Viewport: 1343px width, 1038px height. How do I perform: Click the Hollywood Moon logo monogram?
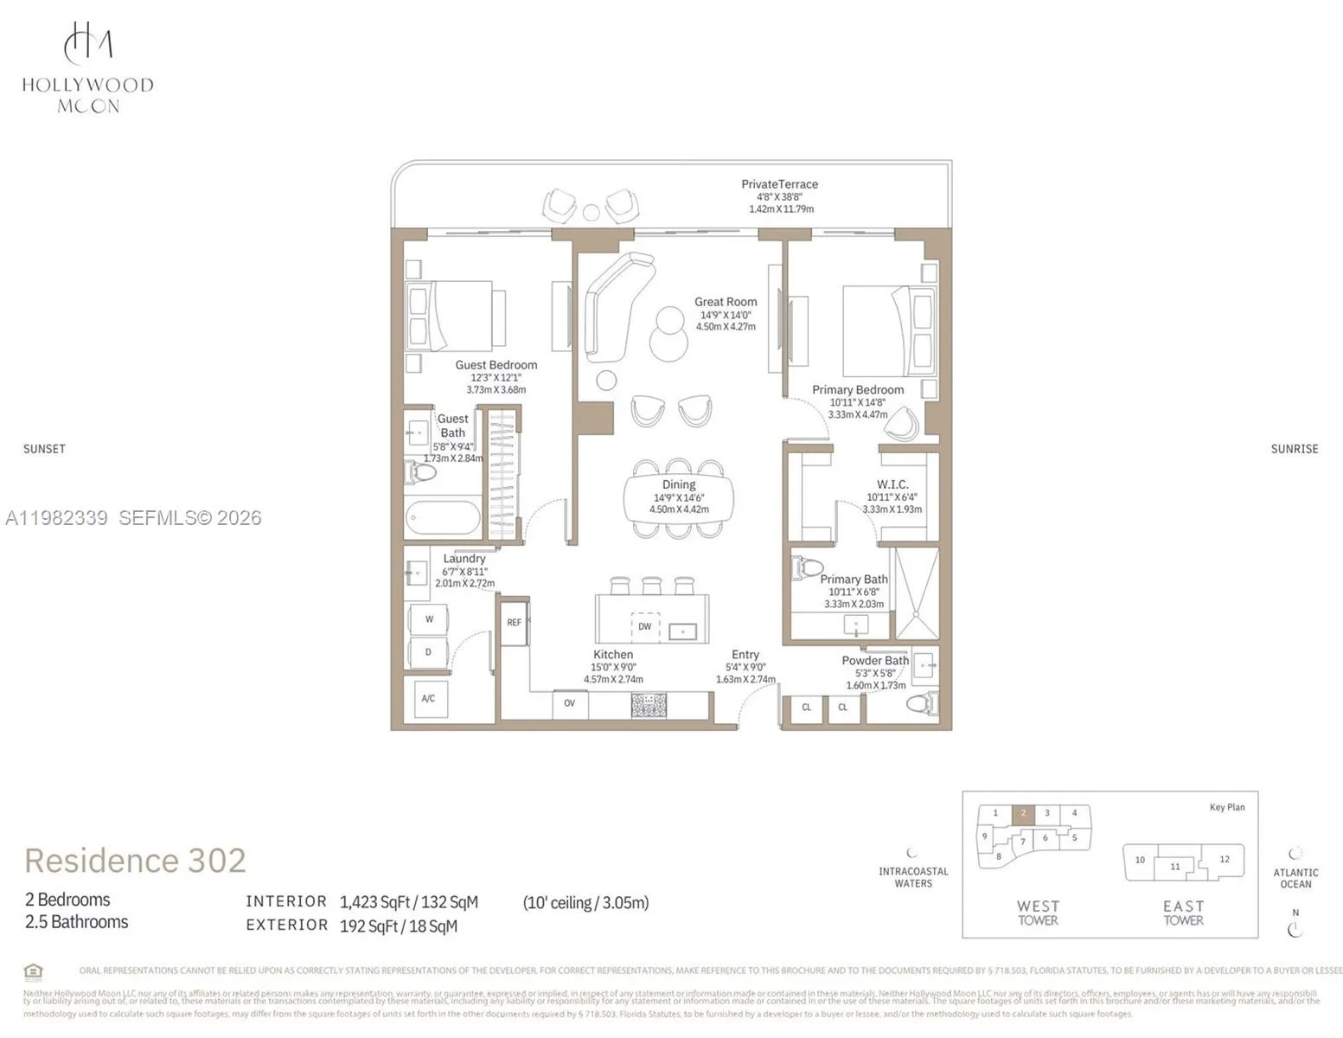tap(87, 42)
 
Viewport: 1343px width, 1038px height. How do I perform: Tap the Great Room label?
tap(725, 302)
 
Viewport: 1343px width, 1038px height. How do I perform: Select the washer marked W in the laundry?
tap(429, 619)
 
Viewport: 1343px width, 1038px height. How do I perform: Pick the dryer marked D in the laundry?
tap(428, 652)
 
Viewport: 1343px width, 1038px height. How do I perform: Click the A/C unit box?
tap(428, 698)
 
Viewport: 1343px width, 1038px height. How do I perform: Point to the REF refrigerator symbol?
tap(515, 623)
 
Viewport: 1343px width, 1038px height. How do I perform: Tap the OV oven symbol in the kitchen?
tap(569, 703)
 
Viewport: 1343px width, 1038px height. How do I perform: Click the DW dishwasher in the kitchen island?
tap(644, 626)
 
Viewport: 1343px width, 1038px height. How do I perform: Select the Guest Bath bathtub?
tap(443, 519)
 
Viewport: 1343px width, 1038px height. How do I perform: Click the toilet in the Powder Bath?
tap(922, 703)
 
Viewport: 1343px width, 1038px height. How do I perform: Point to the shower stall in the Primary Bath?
tap(916, 593)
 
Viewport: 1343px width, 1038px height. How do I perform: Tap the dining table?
tap(679, 498)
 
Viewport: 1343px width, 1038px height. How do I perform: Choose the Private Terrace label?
tap(779, 184)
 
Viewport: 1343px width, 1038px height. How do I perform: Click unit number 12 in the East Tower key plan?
tap(1224, 859)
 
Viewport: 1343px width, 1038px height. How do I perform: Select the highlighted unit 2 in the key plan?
tap(1023, 813)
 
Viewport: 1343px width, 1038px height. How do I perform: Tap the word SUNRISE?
tap(1294, 449)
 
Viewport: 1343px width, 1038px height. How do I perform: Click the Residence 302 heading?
tap(135, 861)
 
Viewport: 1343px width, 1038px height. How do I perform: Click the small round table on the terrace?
tap(591, 212)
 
